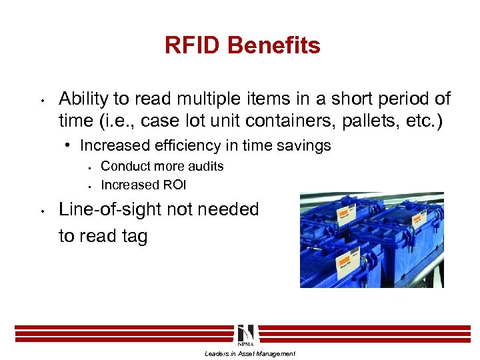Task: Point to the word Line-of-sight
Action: pos(115,209)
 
